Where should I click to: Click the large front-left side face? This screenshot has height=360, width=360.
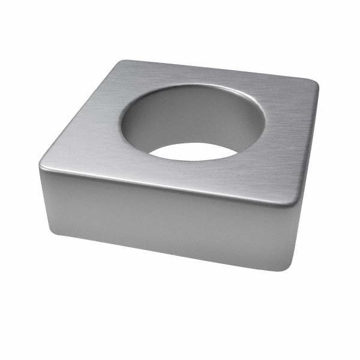[x=162, y=222]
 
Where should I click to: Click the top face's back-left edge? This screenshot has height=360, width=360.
[x=81, y=111]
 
